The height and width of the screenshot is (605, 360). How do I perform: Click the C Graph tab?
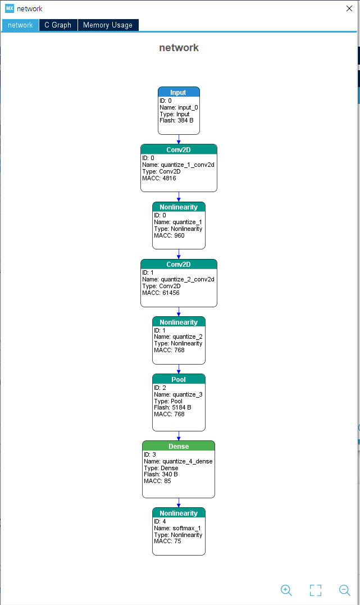pyautogui.click(x=58, y=25)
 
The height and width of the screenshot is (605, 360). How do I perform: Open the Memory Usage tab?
pyautogui.click(x=108, y=25)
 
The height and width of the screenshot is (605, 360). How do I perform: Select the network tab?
pyautogui.click(x=20, y=25)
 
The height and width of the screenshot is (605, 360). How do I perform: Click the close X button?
pyautogui.click(x=349, y=8)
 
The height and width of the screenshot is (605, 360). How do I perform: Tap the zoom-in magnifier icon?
pyautogui.click(x=286, y=590)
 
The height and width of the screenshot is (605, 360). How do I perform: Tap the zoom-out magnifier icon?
pyautogui.click(x=345, y=590)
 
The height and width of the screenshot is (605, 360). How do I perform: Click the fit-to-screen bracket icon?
pyautogui.click(x=316, y=590)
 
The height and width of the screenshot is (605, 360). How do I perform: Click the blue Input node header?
pyautogui.click(x=179, y=92)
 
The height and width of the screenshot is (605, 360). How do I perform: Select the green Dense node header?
pyautogui.click(x=179, y=446)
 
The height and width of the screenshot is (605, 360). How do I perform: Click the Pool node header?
pyautogui.click(x=179, y=379)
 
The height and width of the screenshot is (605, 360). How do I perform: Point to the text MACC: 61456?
pyautogui.click(x=161, y=293)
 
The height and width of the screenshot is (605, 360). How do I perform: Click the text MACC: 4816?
pyautogui.click(x=159, y=178)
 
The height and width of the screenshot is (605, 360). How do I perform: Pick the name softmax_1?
pyautogui.click(x=187, y=528)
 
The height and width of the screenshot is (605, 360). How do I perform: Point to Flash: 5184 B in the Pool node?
pyautogui.click(x=172, y=407)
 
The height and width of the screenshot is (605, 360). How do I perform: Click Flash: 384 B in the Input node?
pyautogui.click(x=176, y=120)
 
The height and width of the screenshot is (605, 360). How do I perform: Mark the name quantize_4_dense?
pyautogui.click(x=188, y=461)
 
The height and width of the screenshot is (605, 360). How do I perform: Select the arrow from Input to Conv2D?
pyautogui.click(x=179, y=139)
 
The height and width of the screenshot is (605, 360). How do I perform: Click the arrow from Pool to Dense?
pyautogui.click(x=179, y=436)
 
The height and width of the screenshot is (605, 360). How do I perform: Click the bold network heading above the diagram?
pyautogui.click(x=179, y=47)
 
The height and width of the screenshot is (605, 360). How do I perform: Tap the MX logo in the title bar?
pyautogui.click(x=10, y=8)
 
